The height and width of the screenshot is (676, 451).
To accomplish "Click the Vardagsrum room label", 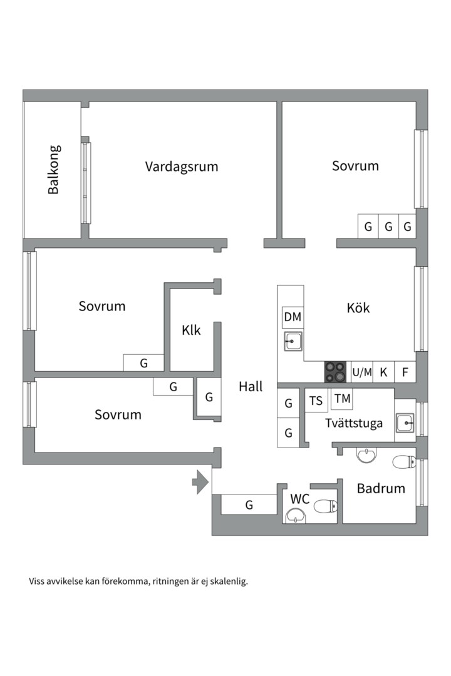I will (182, 166).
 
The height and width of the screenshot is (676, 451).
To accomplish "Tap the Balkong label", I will (54, 170).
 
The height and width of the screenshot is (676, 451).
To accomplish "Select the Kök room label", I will (358, 308).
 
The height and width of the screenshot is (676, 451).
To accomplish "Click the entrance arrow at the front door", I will (200, 482).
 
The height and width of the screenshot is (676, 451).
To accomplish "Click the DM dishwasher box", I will (293, 317).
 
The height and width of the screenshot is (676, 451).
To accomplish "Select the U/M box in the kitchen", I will (362, 372).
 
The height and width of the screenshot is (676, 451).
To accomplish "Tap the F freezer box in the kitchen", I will (405, 372).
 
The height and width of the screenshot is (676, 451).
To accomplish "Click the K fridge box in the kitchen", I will (383, 372).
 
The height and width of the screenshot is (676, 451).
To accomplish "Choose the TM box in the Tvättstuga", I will (342, 399).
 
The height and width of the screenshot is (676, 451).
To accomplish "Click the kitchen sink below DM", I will (293, 342).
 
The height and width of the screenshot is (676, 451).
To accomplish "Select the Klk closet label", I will (191, 330).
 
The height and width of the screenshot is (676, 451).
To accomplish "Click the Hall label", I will (251, 387).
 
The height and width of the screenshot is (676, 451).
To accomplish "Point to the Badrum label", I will (381, 488).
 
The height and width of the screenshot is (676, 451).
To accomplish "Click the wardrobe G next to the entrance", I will (249, 504).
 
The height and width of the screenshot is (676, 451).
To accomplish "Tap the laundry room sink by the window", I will (405, 424).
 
